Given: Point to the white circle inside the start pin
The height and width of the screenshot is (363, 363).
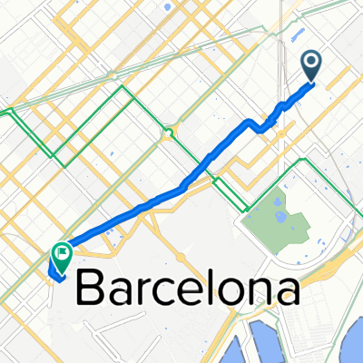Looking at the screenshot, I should (311, 62).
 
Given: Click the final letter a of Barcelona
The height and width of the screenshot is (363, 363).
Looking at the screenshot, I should (287, 292).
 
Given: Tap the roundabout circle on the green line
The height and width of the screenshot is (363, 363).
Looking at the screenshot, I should (168, 133).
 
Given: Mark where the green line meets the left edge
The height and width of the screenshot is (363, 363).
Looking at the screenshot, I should (2, 112).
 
